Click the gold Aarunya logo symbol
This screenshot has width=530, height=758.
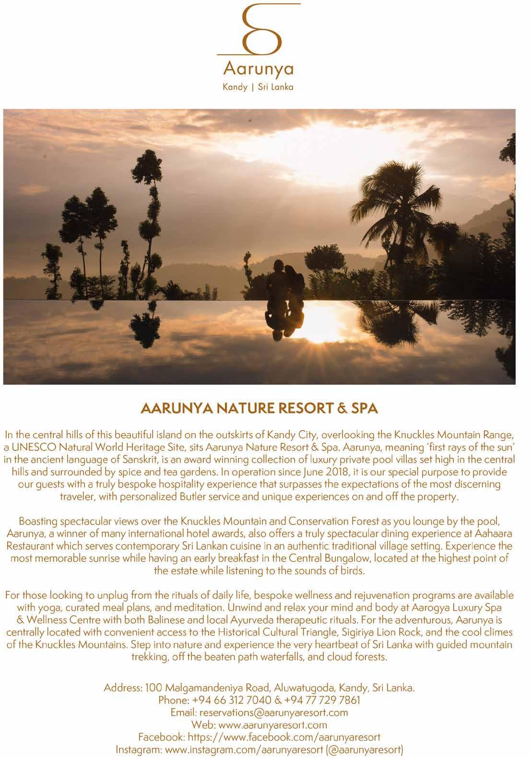click(259, 31)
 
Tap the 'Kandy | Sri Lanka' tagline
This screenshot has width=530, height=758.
click(259, 88)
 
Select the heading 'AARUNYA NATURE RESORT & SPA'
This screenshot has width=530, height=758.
click(259, 409)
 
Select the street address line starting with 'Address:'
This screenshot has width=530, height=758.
click(259, 687)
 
